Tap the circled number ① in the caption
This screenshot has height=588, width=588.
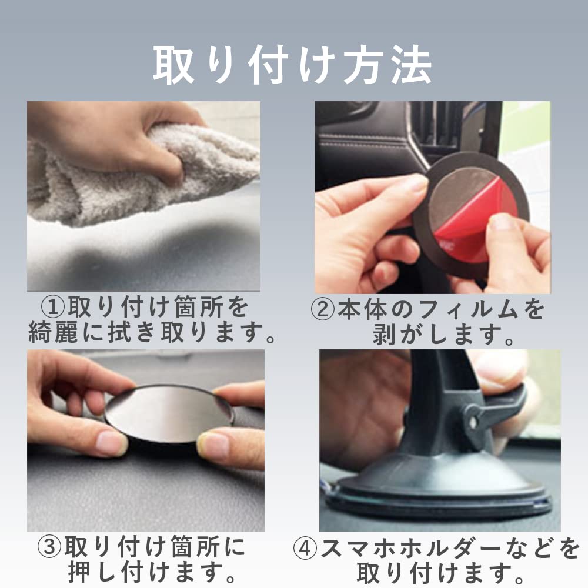[53, 308]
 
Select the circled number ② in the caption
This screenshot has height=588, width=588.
[323, 310]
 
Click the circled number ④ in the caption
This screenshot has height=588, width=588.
[306, 549]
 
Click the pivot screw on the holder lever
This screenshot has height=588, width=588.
[473, 421]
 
